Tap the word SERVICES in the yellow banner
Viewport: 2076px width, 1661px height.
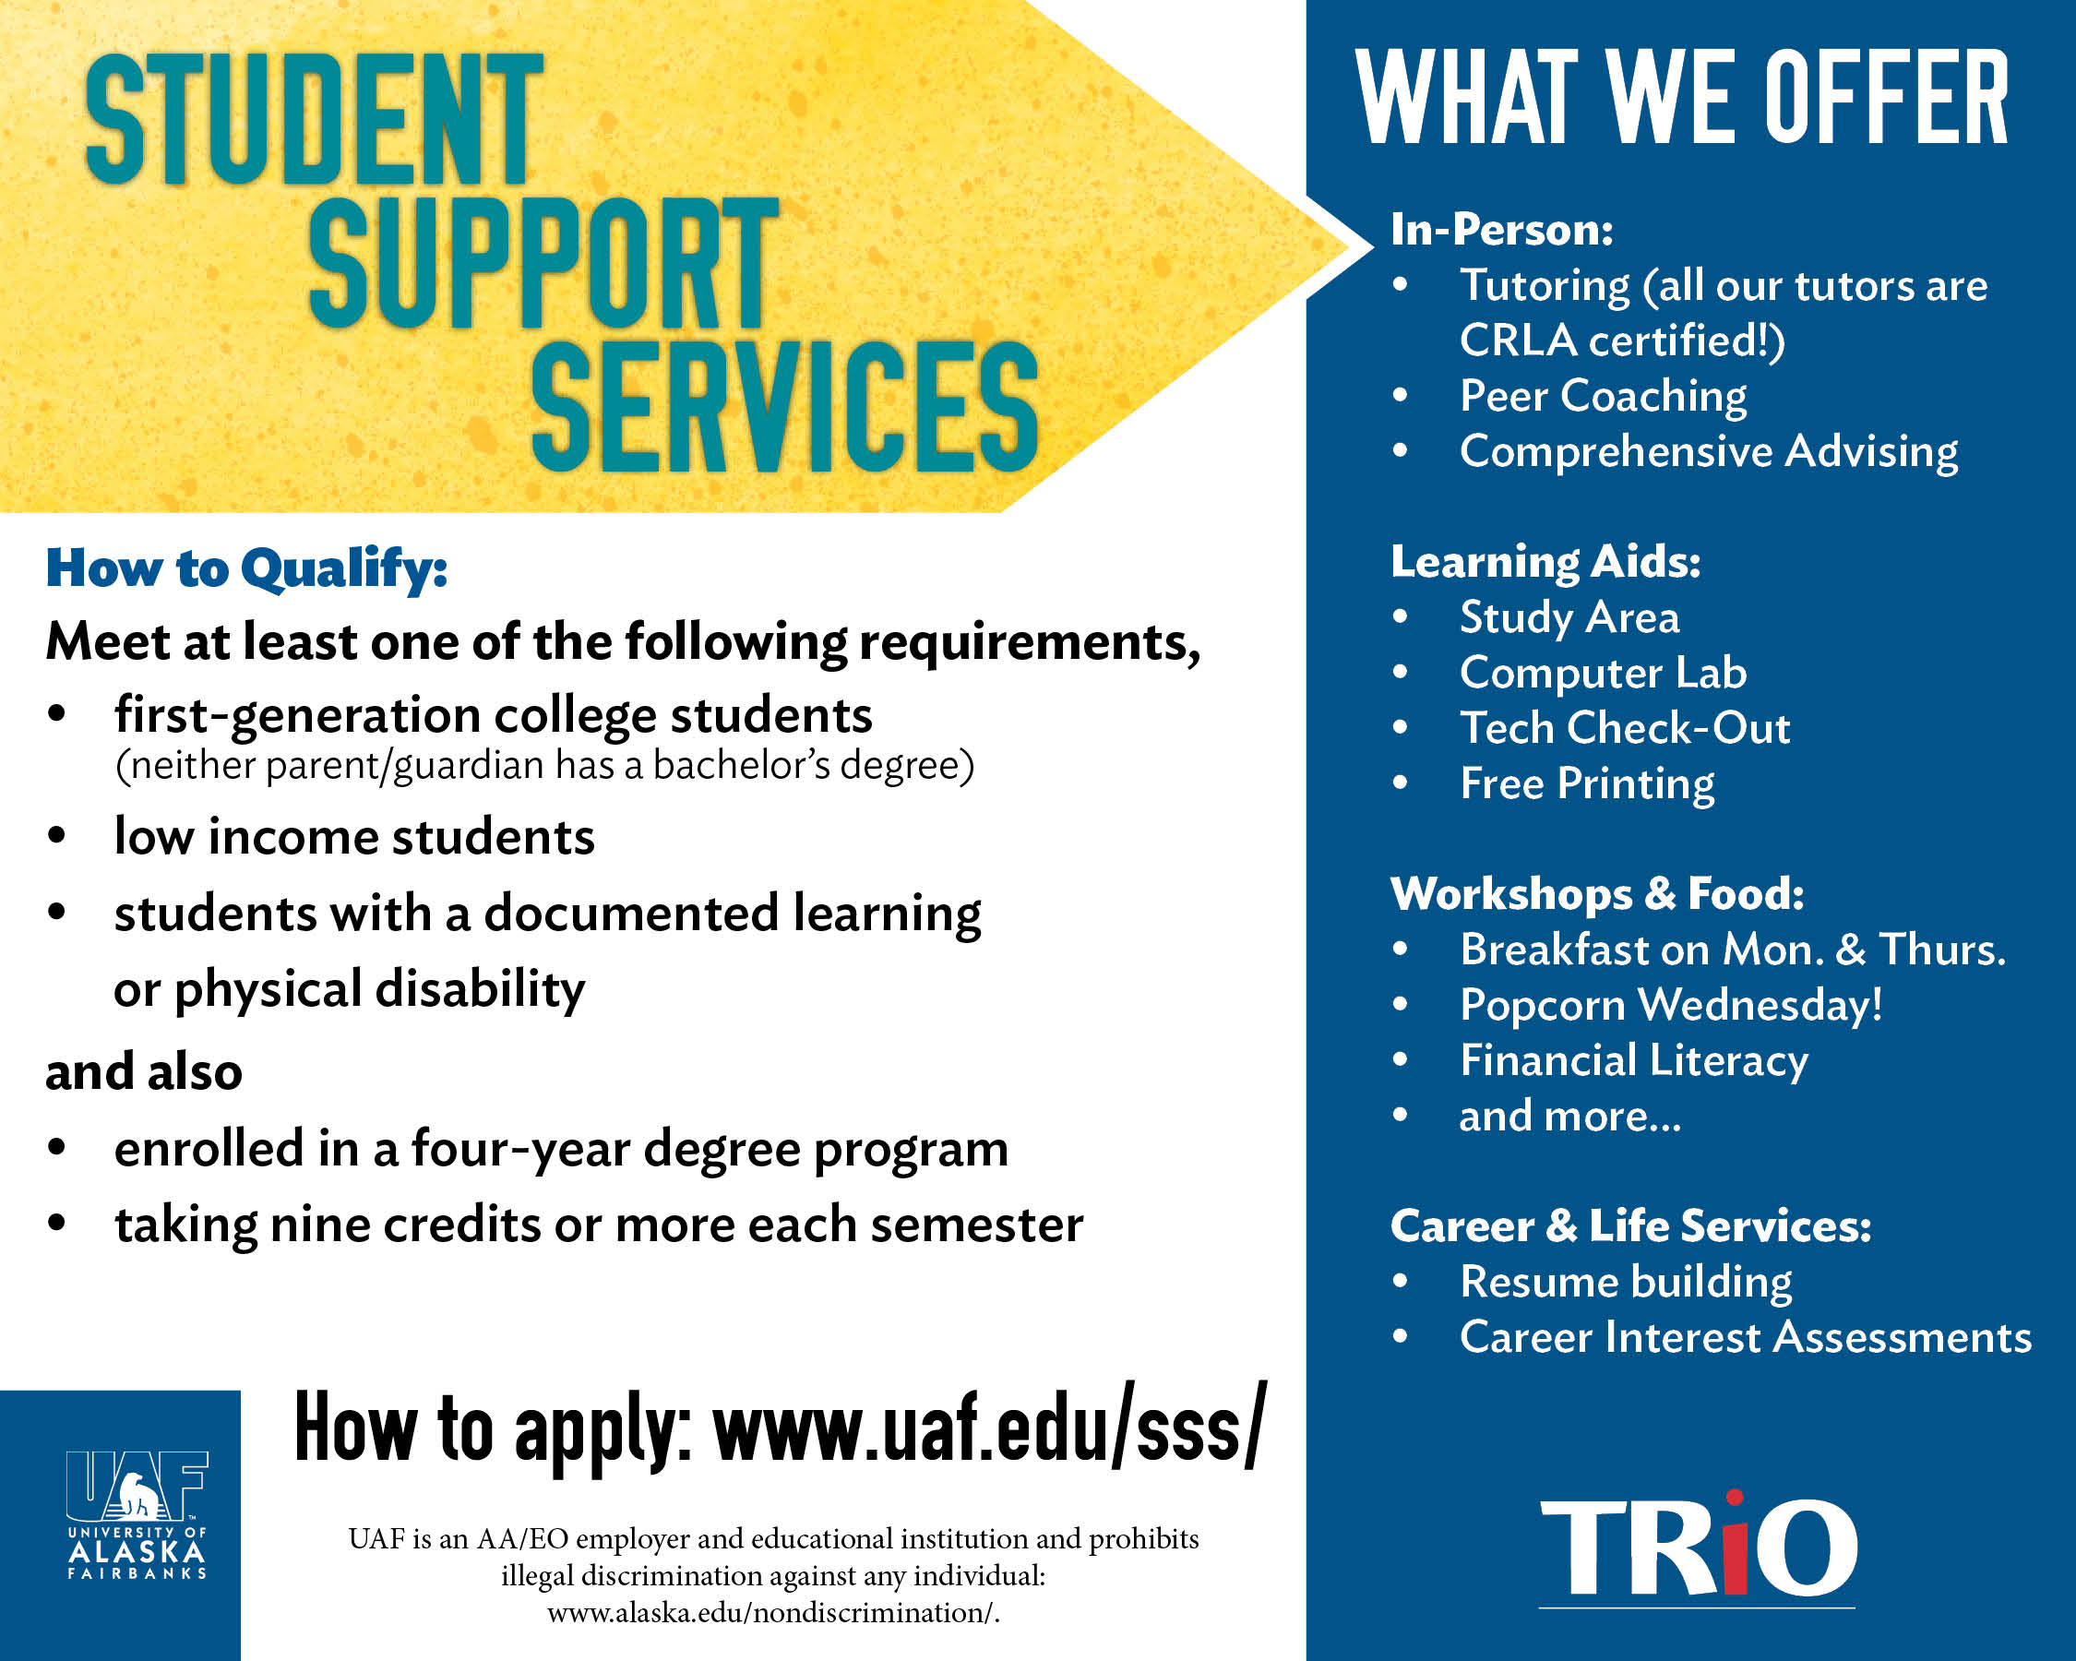(785, 406)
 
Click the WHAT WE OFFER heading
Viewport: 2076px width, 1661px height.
(1682, 97)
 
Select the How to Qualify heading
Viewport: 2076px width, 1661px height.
(246, 569)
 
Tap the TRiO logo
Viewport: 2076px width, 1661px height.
(1698, 1549)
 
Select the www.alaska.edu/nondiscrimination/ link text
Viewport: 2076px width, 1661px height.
(773, 1612)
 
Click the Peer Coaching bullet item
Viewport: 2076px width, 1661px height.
(1603, 396)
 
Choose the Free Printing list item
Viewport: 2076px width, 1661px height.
(1587, 783)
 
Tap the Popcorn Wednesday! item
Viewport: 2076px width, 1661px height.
(1671, 1005)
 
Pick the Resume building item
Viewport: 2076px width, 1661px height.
(1626, 1283)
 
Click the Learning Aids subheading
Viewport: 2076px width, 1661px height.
(1545, 562)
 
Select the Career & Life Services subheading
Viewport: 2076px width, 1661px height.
(1631, 1225)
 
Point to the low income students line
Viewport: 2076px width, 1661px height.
(354, 837)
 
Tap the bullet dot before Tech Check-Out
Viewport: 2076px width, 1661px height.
(1400, 727)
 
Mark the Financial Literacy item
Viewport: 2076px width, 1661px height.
(1634, 1061)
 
